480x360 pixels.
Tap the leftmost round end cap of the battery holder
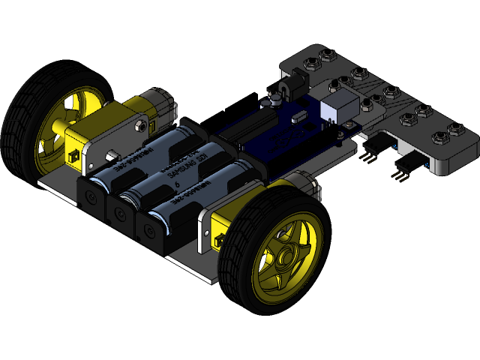pos(90,196)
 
